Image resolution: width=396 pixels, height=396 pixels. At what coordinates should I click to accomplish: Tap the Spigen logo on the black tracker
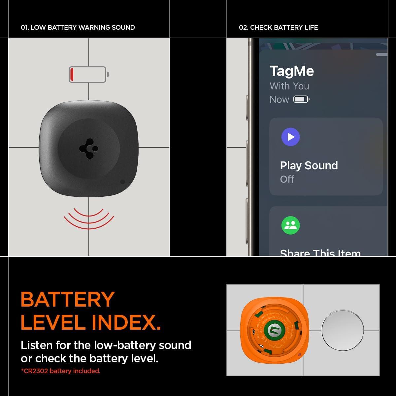point(88,149)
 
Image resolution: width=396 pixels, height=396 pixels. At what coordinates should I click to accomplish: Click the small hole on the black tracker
point(122,181)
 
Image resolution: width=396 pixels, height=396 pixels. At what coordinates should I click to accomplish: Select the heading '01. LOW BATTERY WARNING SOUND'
point(78,27)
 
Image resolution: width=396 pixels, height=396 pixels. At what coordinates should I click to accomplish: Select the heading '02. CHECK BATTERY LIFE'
point(278,27)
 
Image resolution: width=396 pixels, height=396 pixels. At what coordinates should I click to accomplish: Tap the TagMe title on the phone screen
point(292,71)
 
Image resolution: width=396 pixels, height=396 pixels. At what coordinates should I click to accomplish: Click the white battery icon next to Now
point(301,99)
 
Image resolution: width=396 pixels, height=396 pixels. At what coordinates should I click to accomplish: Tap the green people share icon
point(290,225)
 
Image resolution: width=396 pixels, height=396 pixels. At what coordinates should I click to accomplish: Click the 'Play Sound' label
point(309,165)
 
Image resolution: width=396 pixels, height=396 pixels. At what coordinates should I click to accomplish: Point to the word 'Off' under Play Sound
point(287,179)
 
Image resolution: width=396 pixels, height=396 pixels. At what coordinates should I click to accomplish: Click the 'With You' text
point(289,86)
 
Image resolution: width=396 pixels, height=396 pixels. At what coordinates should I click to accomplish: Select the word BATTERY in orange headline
point(68,299)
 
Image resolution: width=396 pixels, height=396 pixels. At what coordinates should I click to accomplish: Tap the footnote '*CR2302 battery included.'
point(61,371)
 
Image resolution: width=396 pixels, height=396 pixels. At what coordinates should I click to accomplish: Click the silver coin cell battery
point(343,330)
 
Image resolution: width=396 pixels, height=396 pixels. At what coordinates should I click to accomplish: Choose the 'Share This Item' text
point(320,253)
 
